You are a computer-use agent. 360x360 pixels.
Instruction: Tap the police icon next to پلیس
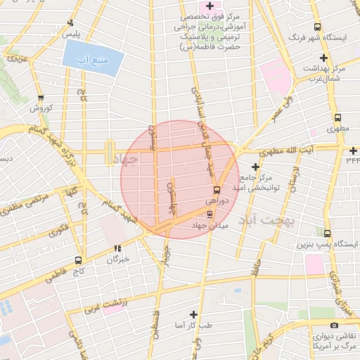pyautogui.click(x=70, y=23)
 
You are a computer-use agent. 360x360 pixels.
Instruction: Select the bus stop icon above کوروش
pyautogui.click(x=41, y=98)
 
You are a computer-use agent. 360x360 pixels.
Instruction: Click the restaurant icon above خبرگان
pyautogui.click(x=117, y=248)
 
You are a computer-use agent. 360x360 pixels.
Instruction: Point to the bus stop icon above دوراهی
pyautogui.click(x=216, y=190)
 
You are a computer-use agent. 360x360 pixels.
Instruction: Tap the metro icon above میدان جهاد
pyautogui.click(x=211, y=214)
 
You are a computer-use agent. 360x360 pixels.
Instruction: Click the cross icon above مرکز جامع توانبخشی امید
pyautogui.click(x=255, y=167)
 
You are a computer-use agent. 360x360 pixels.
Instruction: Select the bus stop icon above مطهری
pyautogui.click(x=337, y=118)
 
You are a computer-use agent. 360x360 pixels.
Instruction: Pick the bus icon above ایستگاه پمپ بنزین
pyautogui.click(x=328, y=234)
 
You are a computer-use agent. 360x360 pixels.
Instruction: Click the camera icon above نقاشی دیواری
pyautogui.click(x=334, y=325)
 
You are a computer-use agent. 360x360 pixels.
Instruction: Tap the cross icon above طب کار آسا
pyautogui.click(x=195, y=314)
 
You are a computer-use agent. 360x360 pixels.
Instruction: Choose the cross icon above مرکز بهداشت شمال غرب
pyautogui.click(x=323, y=58)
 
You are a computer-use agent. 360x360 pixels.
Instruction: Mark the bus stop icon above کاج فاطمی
pyautogui.click(x=79, y=260)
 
